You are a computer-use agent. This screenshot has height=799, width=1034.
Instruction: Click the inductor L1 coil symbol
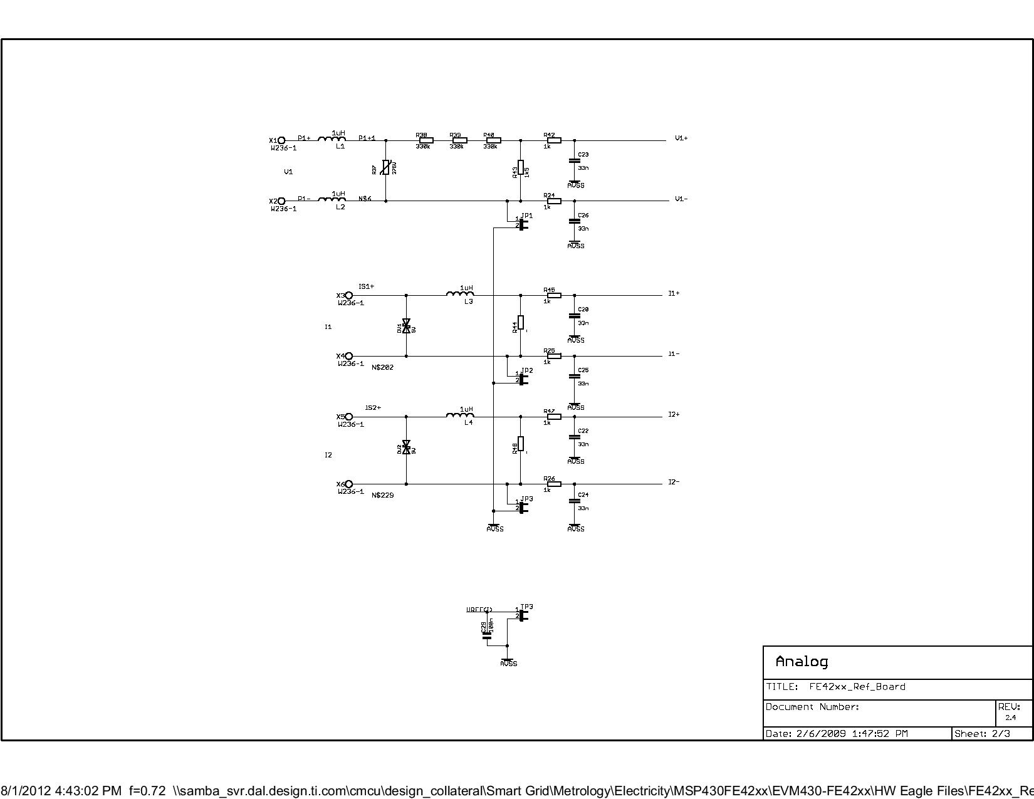click(332, 139)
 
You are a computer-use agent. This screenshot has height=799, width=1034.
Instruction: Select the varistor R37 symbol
click(386, 168)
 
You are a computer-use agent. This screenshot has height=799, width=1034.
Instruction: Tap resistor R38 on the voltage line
click(426, 140)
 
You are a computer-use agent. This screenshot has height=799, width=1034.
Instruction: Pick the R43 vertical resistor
click(521, 168)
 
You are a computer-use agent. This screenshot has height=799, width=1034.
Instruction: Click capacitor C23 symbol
click(575, 161)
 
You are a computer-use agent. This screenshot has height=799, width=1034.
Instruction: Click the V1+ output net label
click(681, 138)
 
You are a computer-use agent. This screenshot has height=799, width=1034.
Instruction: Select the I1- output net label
click(674, 354)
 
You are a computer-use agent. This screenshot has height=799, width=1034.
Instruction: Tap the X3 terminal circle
click(349, 295)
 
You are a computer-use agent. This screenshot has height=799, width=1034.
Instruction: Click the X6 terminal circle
click(349, 484)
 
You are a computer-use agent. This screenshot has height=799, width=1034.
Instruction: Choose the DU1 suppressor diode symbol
click(406, 325)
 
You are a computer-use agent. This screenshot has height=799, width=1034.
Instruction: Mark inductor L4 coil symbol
click(460, 415)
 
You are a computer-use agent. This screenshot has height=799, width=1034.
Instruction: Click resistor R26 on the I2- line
click(554, 484)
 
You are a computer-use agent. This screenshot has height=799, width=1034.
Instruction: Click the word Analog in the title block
click(802, 662)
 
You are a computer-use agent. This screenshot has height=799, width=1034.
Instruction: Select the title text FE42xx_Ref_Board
click(857, 687)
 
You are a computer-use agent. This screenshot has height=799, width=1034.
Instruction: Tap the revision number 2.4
click(1011, 718)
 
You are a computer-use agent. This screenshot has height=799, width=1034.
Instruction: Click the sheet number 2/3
click(1001, 734)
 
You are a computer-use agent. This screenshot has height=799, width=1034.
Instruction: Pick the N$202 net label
click(383, 367)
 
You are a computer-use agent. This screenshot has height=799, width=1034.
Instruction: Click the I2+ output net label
click(674, 414)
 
